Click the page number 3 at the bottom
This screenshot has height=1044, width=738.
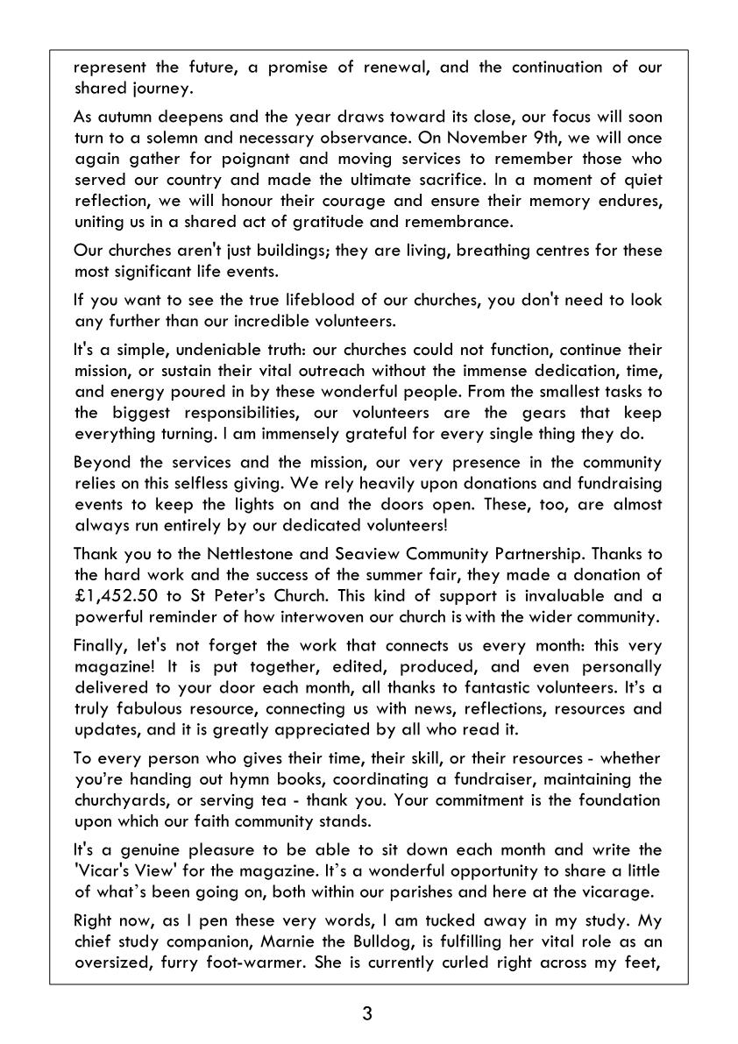[367, 1014]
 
